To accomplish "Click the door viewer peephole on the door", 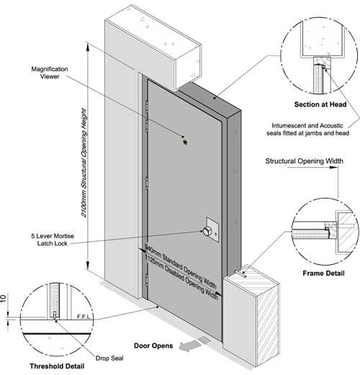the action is click(185, 143).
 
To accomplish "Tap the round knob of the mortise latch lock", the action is click(206, 231).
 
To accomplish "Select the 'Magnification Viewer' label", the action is click(50, 73).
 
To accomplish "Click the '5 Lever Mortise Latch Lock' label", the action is click(53, 240).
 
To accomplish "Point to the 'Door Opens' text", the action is click(153, 345).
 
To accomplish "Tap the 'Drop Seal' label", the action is click(109, 358).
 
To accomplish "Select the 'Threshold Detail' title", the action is click(57, 366).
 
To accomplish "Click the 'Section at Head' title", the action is click(320, 104).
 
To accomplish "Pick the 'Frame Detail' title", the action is click(323, 274).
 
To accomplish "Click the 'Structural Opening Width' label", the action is click(304, 161).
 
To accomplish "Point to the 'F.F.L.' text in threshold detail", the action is click(84, 317).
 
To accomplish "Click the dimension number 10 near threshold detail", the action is click(3, 299).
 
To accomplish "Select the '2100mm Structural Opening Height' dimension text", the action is click(84, 163).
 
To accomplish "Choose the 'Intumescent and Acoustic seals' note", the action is click(307, 129).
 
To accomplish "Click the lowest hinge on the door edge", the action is click(147, 280).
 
